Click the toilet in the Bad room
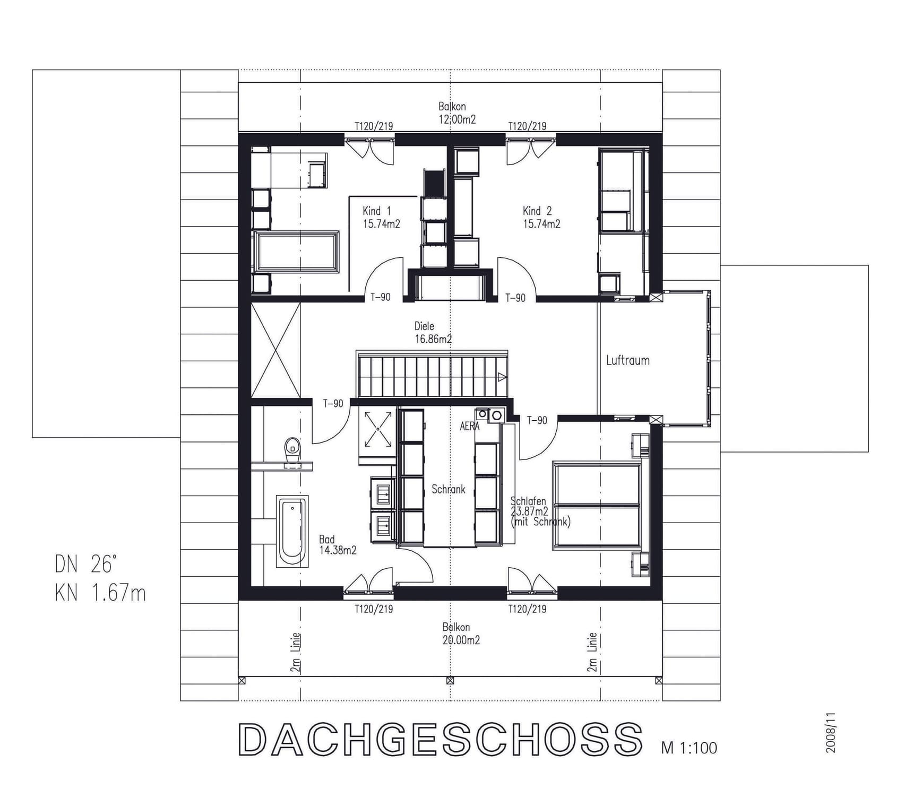292,450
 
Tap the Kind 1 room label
377,211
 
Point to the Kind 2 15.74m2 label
541,218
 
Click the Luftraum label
627,361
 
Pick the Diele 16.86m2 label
433,333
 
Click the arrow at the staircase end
502,377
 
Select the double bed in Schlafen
597,505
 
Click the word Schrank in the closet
448,489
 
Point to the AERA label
469,426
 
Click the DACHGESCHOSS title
440,739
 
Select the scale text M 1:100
689,748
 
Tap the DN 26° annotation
85,565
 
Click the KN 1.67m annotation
100,593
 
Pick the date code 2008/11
831,733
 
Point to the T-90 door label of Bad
333,404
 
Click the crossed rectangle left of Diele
275,350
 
